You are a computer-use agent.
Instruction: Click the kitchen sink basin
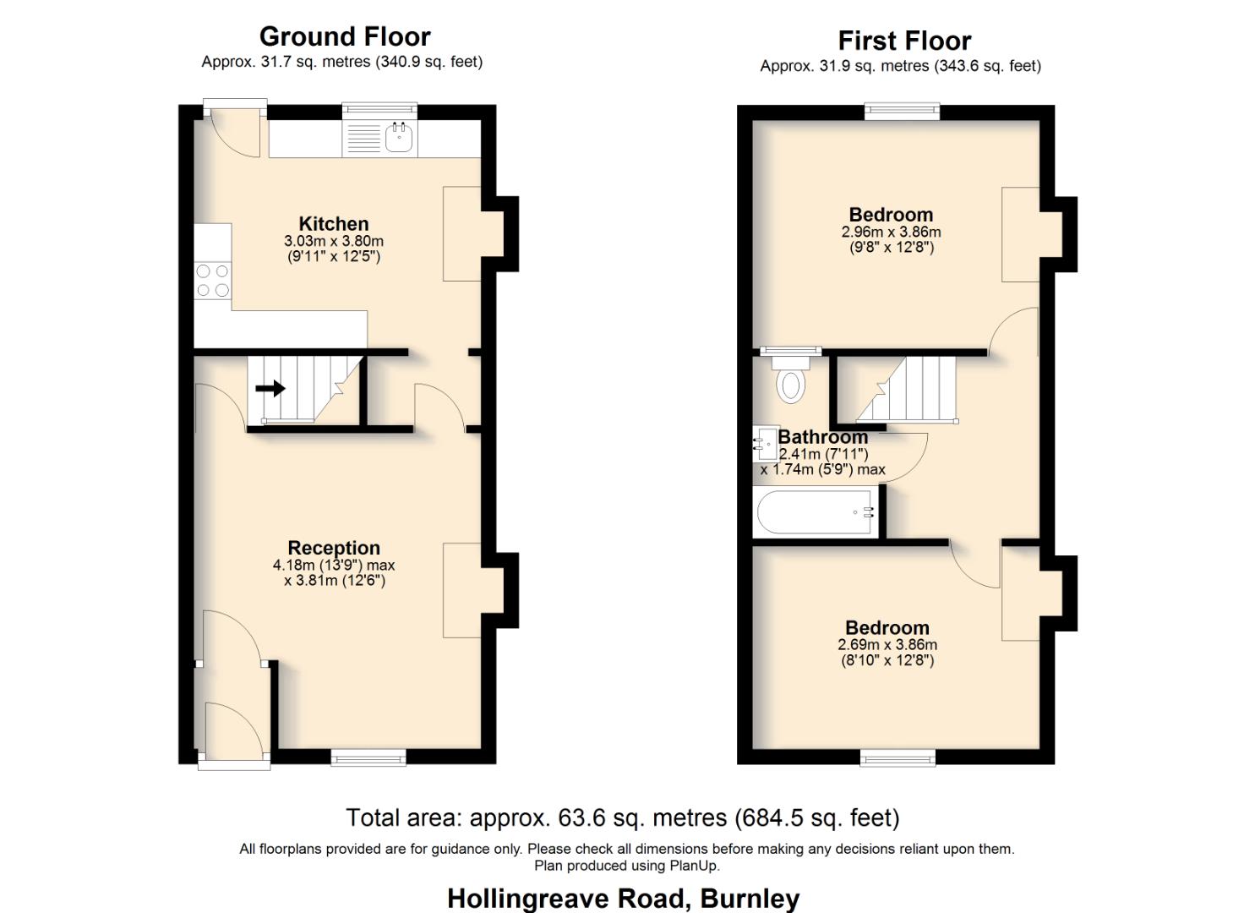399,138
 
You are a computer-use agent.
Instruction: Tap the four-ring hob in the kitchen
212,281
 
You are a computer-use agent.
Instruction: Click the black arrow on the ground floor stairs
270,389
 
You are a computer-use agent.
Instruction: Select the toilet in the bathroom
791,381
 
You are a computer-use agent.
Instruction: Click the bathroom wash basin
766,443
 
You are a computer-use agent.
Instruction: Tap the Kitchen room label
333,224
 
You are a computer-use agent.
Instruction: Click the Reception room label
334,548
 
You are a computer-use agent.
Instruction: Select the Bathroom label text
822,437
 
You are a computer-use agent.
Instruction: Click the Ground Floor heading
344,36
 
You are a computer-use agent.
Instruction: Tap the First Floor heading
903,41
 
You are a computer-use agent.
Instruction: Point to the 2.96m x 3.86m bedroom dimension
891,232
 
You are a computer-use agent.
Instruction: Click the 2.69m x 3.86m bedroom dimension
887,644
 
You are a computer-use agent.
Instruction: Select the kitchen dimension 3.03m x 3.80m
333,241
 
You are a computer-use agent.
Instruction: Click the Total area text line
622,817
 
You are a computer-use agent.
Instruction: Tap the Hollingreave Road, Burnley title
623,898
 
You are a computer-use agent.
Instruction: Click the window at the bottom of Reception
368,757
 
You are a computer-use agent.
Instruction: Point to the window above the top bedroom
902,111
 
